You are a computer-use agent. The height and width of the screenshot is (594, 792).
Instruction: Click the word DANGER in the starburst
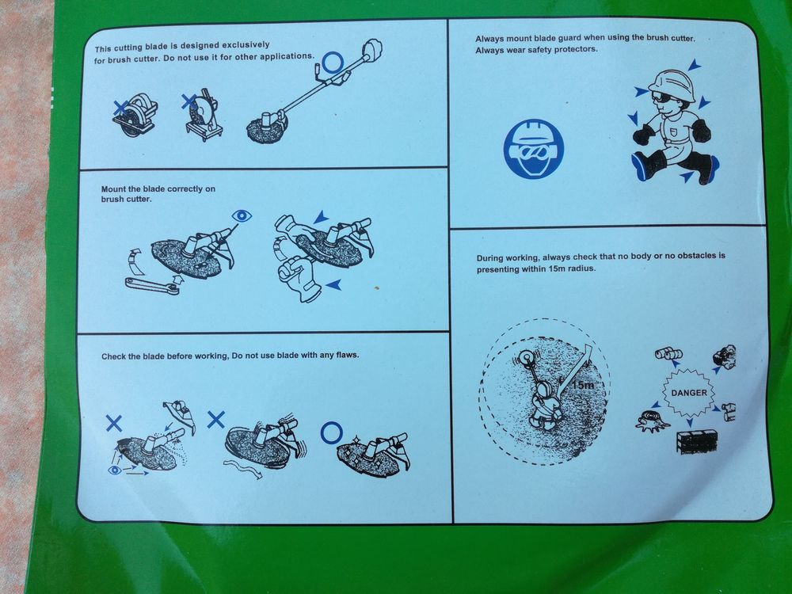(689, 393)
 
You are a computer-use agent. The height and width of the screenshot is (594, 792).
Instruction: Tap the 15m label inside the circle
(584, 385)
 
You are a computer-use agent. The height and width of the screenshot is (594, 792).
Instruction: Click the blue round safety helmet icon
(533, 149)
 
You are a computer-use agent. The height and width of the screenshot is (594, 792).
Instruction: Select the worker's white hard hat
(672, 85)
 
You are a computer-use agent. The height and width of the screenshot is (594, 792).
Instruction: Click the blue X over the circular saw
(120, 107)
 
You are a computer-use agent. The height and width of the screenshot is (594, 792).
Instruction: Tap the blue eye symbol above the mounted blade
(242, 216)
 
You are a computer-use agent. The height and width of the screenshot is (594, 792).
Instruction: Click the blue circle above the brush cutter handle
(333, 63)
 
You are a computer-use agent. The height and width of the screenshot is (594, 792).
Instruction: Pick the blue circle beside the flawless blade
(331, 433)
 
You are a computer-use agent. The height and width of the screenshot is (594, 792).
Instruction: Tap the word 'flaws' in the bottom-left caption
(347, 355)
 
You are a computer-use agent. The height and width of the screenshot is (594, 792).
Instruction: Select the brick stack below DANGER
(696, 441)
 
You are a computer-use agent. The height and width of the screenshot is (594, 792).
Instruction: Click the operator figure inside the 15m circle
(543, 404)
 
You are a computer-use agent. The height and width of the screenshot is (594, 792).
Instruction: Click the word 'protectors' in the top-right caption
(576, 49)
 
